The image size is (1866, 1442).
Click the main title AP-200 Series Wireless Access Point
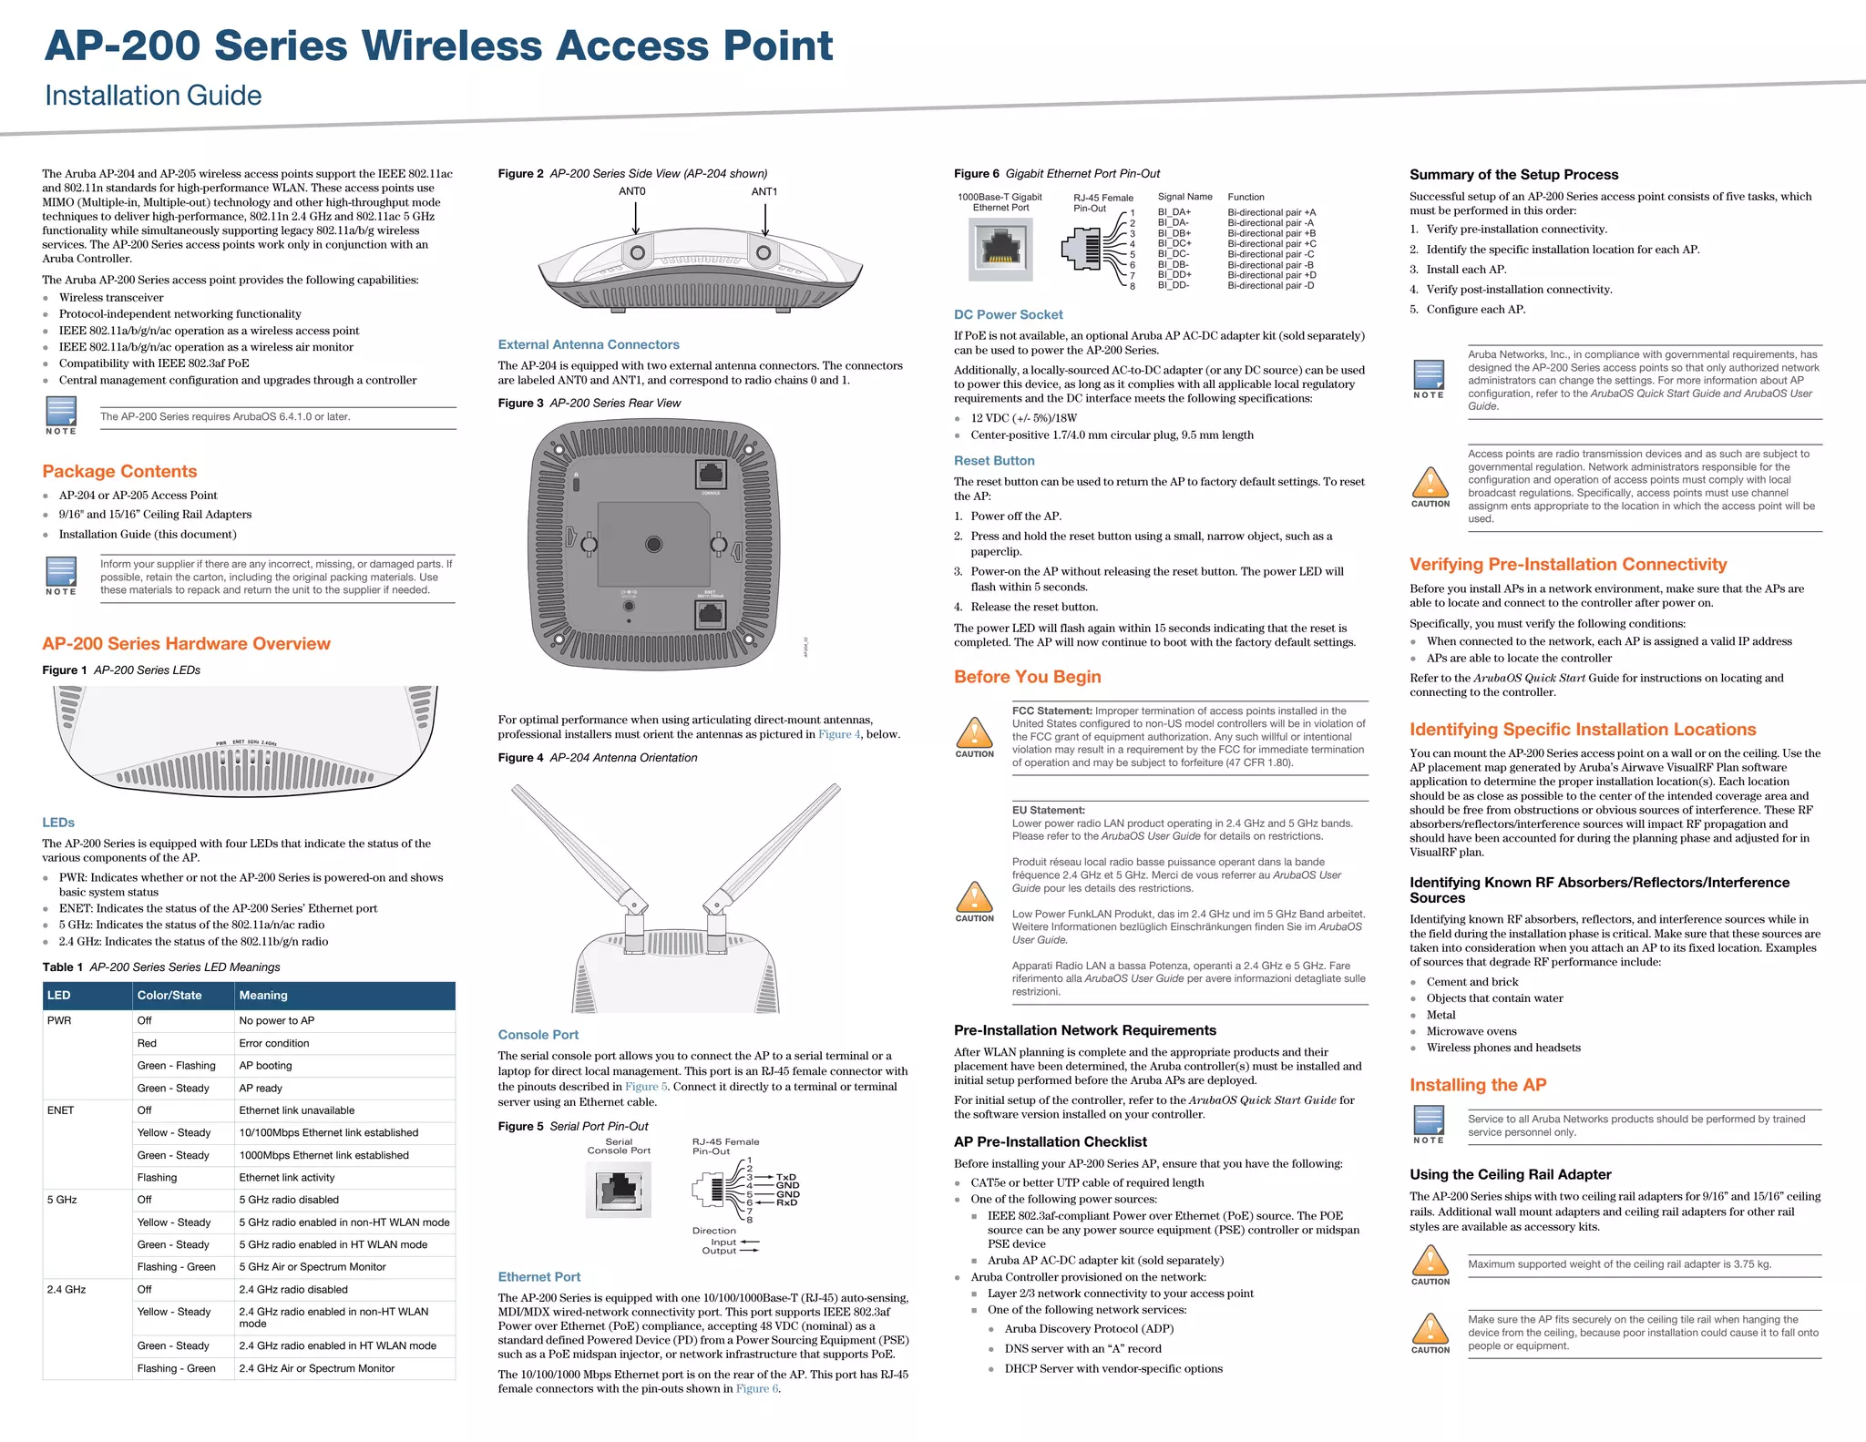(438, 46)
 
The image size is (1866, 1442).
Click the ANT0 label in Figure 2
(632, 191)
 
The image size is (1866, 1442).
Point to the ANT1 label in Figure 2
(764, 191)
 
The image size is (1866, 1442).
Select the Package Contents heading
(119, 471)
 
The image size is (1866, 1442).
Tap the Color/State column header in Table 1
(169, 995)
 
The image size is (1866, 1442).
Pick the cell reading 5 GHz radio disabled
(288, 1200)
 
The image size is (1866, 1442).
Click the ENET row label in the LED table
(61, 1110)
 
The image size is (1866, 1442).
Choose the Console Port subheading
(538, 1035)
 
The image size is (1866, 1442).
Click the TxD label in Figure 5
(786, 1177)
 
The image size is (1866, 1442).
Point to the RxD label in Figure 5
(786, 1202)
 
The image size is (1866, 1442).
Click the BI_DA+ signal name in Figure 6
(1174, 212)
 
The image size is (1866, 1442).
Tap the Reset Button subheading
(994, 461)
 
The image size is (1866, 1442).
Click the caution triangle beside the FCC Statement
(974, 732)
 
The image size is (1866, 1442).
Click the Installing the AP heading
(1477, 1085)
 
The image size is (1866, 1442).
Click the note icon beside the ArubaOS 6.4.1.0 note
(61, 413)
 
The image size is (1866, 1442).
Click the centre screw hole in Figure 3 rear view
(653, 545)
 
